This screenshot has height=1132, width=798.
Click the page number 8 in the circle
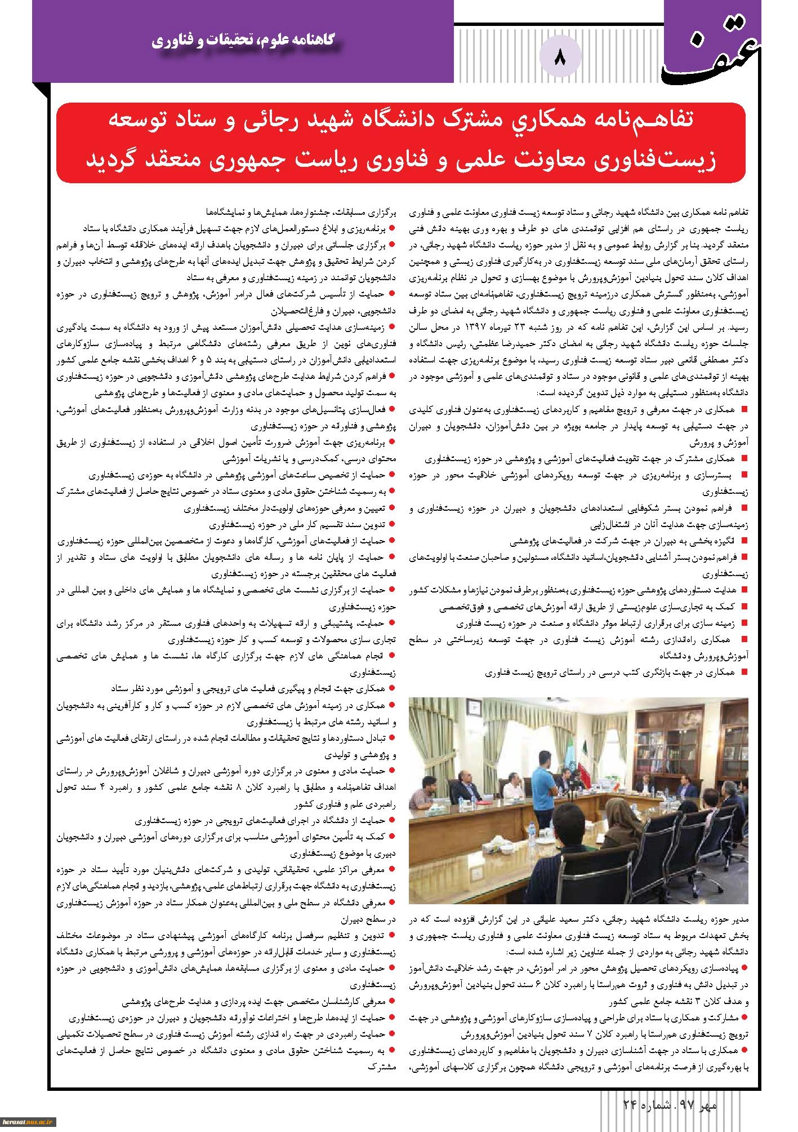[560, 57]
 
